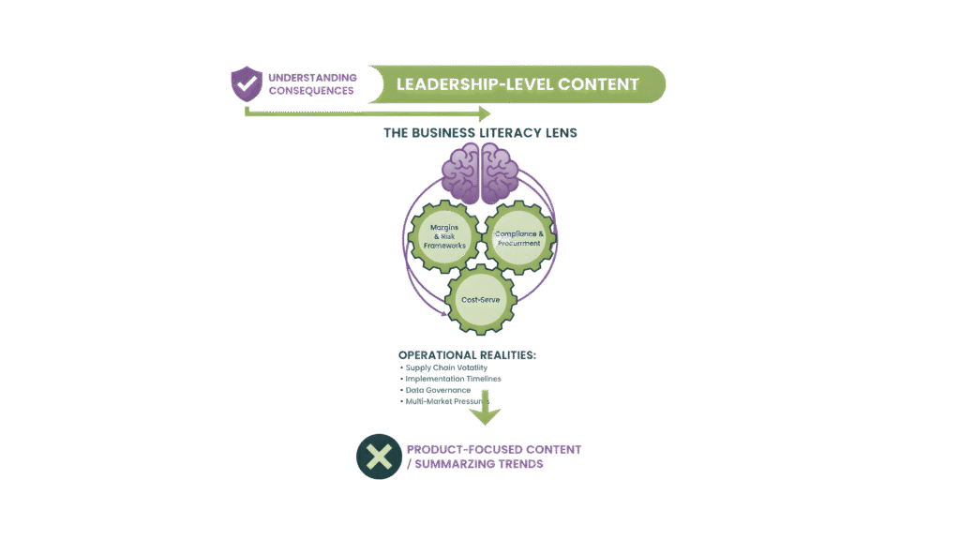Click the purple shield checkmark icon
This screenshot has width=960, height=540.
(247, 83)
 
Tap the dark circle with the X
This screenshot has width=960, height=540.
(378, 457)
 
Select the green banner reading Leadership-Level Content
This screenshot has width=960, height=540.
(517, 83)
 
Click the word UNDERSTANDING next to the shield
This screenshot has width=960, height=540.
(312, 77)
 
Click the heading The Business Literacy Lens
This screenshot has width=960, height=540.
(480, 133)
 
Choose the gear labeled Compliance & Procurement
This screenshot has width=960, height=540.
(520, 237)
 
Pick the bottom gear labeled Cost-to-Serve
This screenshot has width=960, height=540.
(480, 299)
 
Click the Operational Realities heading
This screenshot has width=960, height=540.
(468, 355)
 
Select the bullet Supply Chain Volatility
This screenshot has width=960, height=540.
(446, 367)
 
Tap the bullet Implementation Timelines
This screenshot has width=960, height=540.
(453, 379)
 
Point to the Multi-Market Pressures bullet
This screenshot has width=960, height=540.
(447, 401)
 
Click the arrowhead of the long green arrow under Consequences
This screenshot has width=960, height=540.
(483, 113)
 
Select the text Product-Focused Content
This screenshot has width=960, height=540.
(493, 450)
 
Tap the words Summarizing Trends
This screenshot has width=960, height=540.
(480, 464)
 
